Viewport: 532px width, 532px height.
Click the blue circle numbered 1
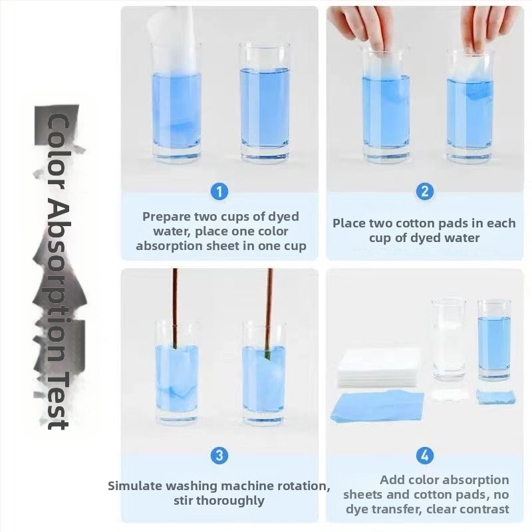pyautogui.click(x=219, y=192)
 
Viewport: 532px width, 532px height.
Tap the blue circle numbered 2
pyautogui.click(x=424, y=192)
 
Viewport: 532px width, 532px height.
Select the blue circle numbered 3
pyautogui.click(x=219, y=455)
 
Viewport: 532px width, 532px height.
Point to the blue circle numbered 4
pyautogui.click(x=425, y=455)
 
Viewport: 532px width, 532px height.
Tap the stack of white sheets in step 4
pyautogui.click(x=379, y=368)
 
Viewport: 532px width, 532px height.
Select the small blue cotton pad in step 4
pyautogui.click(x=495, y=396)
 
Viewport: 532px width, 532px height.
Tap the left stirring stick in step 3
pyautogui.click(x=176, y=309)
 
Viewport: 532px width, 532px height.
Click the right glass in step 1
pyautogui.click(x=265, y=103)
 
